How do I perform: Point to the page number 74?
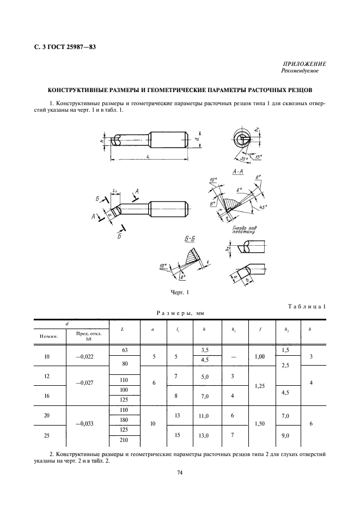pos(180,472)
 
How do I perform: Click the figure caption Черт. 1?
pos(180,293)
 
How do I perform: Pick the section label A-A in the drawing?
pos(237,172)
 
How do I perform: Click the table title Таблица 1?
pos(306,307)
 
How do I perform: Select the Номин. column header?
pos(49,336)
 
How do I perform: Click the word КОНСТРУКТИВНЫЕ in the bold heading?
pos(76,90)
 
